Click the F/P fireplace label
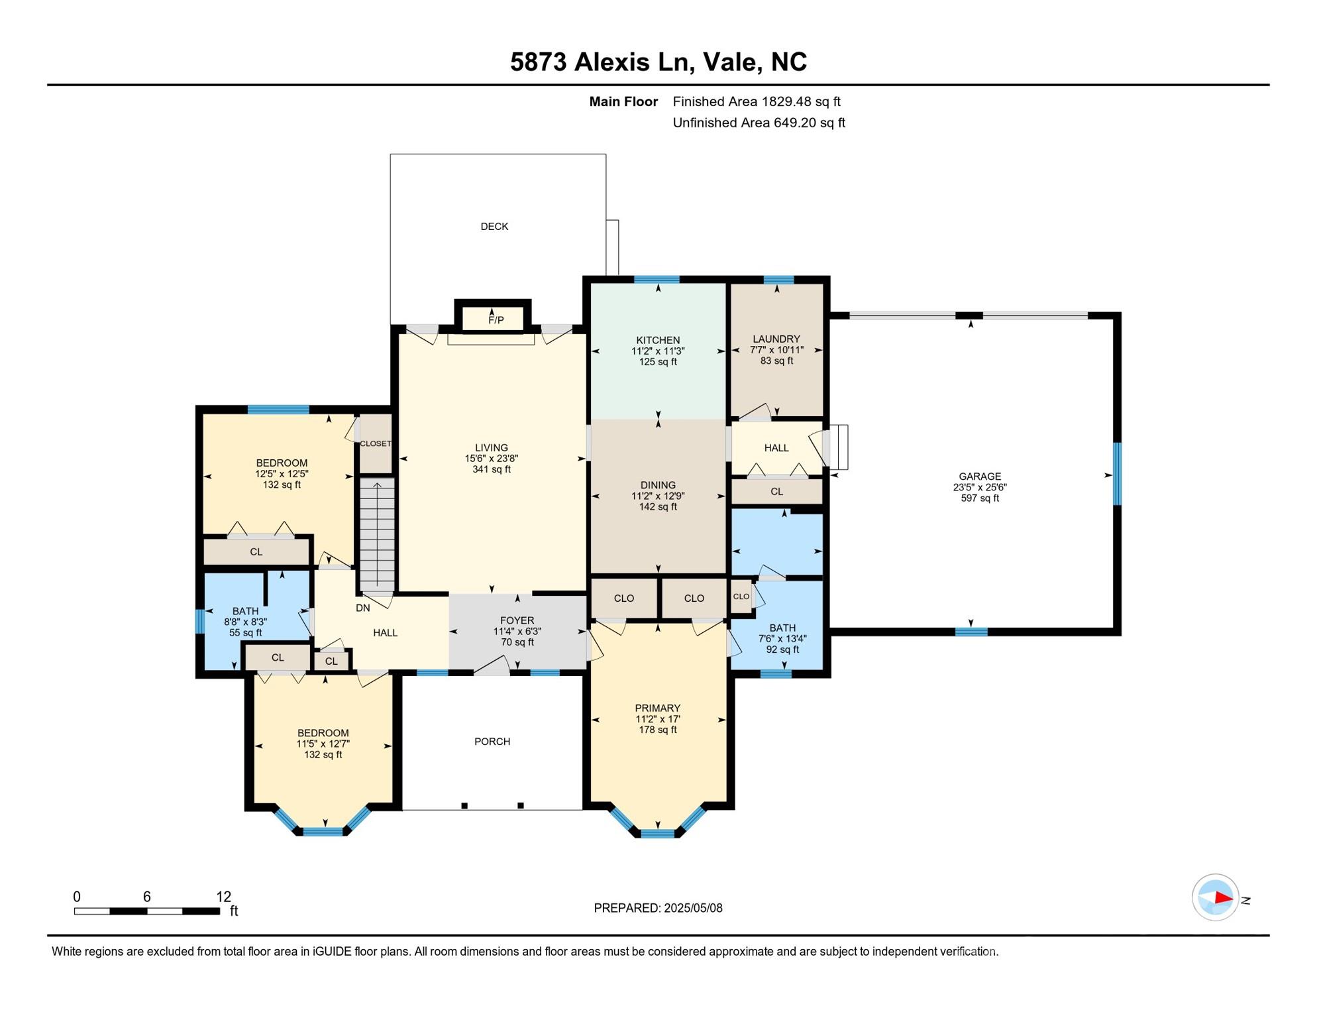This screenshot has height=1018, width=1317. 496,320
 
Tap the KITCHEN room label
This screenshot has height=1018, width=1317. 658,340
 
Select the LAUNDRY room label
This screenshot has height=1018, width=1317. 776,339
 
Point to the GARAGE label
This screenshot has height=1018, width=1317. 980,477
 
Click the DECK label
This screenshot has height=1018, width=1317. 494,227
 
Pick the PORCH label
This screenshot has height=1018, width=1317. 492,742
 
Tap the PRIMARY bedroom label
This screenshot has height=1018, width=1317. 657,708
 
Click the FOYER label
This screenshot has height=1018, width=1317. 517,621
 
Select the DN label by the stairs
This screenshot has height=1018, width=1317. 363,608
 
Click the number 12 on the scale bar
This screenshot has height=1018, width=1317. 224,897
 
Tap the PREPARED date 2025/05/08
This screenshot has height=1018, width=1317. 690,908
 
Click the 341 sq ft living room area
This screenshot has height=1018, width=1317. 492,470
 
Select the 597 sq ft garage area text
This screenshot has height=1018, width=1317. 980,498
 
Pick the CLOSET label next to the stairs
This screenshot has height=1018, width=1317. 376,444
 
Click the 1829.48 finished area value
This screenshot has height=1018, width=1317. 786,101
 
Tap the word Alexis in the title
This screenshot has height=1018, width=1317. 612,62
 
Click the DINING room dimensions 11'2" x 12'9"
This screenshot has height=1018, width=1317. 658,496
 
